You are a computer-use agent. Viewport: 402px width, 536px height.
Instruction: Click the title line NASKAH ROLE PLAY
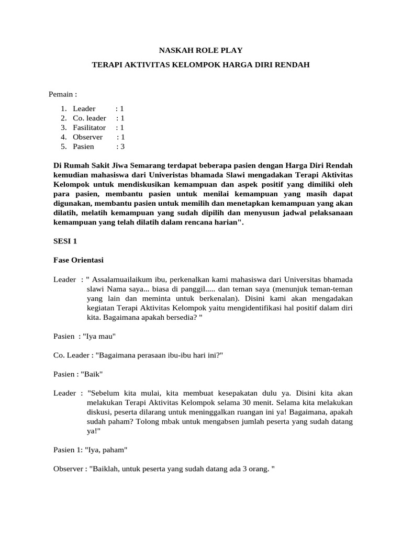201,50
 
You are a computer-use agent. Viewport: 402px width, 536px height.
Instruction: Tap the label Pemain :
63,94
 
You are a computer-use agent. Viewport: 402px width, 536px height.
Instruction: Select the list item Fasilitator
89,127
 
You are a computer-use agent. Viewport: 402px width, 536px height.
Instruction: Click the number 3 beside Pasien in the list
122,146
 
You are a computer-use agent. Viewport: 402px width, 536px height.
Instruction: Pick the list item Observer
87,137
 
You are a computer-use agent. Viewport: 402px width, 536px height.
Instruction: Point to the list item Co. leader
89,118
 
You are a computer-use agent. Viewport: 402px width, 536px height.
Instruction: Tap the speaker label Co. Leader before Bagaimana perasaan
72,355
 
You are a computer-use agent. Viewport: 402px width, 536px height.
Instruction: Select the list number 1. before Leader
63,108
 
